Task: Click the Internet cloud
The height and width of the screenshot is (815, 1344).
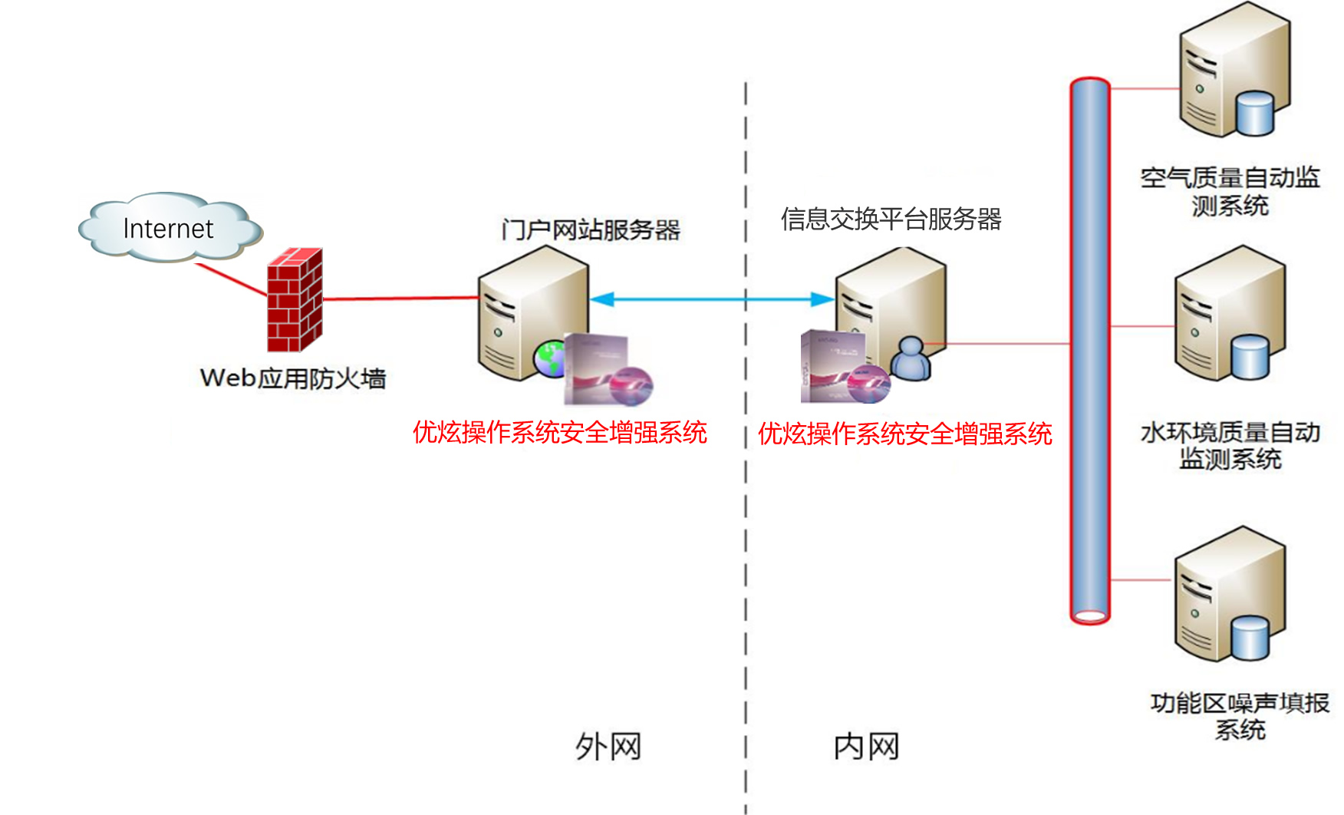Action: [x=170, y=227]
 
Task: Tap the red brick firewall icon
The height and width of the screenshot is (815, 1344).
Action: [x=294, y=300]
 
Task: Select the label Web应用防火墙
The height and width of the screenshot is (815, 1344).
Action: [x=292, y=378]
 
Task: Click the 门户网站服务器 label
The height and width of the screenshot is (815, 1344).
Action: [x=591, y=229]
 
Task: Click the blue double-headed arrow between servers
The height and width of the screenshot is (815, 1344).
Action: [x=712, y=299]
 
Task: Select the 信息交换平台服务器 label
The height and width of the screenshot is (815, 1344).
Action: [x=891, y=219]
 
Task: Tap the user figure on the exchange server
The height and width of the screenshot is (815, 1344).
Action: [x=911, y=358]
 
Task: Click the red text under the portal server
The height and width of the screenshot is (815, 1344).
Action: [x=559, y=433]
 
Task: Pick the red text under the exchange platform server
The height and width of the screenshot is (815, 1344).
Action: [x=904, y=434]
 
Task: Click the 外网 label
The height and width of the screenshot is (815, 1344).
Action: [x=608, y=747]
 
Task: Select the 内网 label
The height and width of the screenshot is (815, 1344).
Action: [x=866, y=747]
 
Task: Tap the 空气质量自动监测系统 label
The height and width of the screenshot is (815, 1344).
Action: [x=1230, y=191]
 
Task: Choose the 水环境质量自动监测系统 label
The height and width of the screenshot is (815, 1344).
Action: [x=1230, y=445]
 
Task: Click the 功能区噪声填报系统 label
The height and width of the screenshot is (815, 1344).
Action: [x=1240, y=715]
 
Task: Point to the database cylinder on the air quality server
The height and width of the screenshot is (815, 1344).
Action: [x=1256, y=114]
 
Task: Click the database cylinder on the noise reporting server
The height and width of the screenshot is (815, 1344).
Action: [x=1250, y=638]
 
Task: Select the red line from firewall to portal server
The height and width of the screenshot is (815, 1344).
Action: [x=399, y=299]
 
